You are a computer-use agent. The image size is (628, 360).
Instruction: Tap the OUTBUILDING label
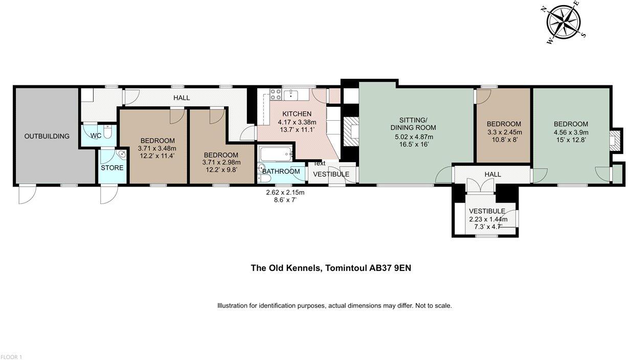pyautogui.click(x=47, y=136)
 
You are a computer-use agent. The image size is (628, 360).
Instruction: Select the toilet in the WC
pyautogui.click(x=107, y=132)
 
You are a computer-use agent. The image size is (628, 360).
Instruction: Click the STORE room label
pyautogui.click(x=111, y=168)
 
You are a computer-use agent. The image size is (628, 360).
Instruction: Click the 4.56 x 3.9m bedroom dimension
pyautogui.click(x=571, y=133)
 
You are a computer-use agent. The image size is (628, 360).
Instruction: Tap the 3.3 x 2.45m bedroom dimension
pyautogui.click(x=503, y=133)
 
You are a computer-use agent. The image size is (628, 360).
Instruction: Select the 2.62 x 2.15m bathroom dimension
pyautogui.click(x=285, y=193)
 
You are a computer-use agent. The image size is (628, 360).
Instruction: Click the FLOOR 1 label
pyautogui.click(x=11, y=357)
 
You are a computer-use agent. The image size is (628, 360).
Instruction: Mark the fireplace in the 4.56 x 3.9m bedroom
pyautogui.click(x=615, y=139)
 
